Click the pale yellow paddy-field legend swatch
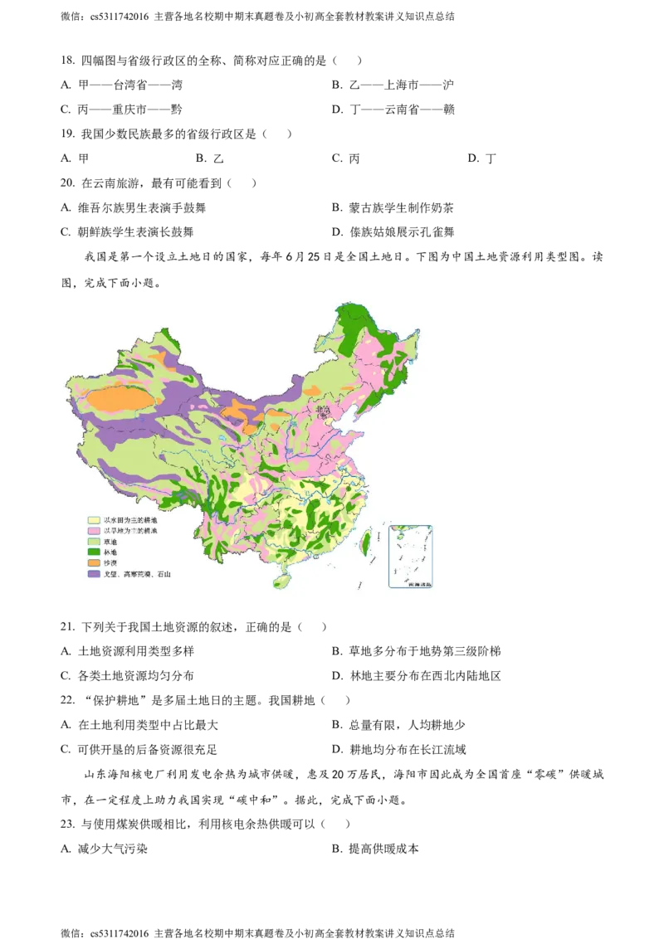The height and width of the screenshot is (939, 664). pyautogui.click(x=94, y=520)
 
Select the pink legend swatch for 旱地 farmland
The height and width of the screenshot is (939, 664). pyautogui.click(x=94, y=531)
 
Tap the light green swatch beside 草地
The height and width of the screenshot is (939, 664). pyautogui.click(x=94, y=542)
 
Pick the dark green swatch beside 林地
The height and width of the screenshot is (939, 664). pyautogui.click(x=94, y=552)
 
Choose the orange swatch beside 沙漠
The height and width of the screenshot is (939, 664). pyautogui.click(x=94, y=563)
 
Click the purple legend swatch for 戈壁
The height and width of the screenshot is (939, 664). pyautogui.click(x=94, y=574)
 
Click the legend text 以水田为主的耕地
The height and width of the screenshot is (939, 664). pyautogui.click(x=130, y=520)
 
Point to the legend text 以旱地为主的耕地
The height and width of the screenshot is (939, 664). pyautogui.click(x=130, y=531)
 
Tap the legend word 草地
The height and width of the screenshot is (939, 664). pyautogui.click(x=110, y=542)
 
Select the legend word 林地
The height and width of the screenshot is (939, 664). pyautogui.click(x=110, y=552)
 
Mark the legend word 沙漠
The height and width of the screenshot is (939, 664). pyautogui.click(x=110, y=563)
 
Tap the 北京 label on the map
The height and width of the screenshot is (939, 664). pyautogui.click(x=322, y=409)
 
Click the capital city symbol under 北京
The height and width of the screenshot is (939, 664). pyautogui.click(x=323, y=416)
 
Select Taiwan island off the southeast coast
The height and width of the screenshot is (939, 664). pyautogui.click(x=365, y=543)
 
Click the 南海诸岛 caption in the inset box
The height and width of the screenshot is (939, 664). pyautogui.click(x=410, y=585)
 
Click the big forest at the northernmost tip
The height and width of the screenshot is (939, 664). pyautogui.click(x=352, y=319)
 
